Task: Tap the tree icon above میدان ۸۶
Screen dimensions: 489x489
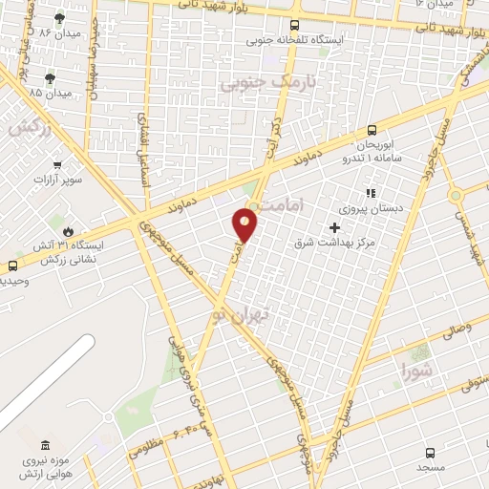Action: click(x=60, y=18)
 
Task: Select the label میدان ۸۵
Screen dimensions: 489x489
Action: click(x=50, y=94)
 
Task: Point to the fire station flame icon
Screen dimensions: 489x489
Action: click(x=68, y=231)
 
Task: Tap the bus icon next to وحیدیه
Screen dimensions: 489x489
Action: click(x=12, y=266)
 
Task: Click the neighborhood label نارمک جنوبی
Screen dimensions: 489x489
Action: click(x=254, y=83)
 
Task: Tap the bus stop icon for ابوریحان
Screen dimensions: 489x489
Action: click(x=372, y=132)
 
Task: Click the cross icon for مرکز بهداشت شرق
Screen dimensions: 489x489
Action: click(x=334, y=227)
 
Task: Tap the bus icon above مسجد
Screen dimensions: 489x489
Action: click(x=430, y=453)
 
